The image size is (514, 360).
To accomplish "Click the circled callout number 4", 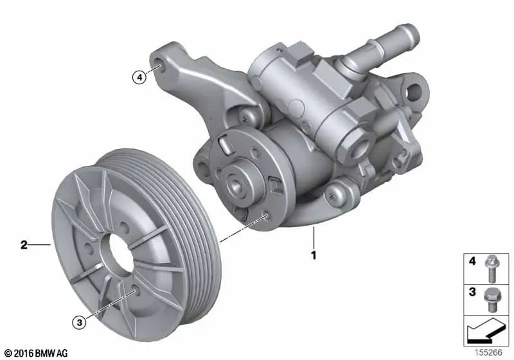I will [138, 77].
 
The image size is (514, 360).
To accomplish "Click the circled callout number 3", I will [79, 323].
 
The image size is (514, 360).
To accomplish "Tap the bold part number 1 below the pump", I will [314, 255].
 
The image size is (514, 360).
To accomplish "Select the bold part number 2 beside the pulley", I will [24, 244].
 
